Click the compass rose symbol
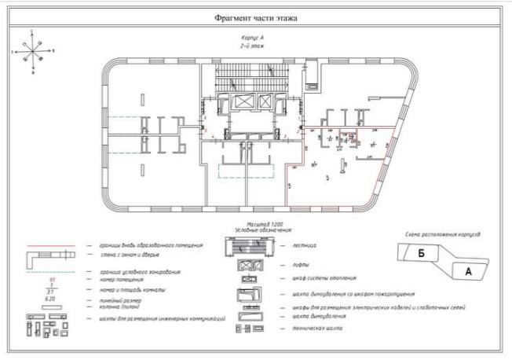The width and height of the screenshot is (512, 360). click(32, 52)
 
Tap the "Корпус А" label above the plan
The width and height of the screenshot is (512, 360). click(252, 39)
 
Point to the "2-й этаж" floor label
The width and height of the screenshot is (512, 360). click(251, 46)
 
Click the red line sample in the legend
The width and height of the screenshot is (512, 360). click(55, 245)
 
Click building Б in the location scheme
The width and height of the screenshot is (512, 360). click(422, 254)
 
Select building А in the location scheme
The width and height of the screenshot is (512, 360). click(469, 271)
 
